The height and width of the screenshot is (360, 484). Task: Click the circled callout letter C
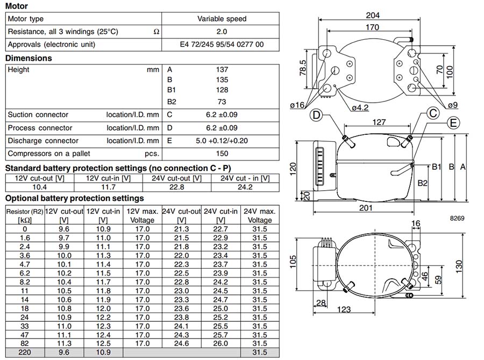pos(433,113)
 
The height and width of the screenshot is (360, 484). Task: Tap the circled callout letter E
pos(454,123)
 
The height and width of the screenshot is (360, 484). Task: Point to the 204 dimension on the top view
pos(372,15)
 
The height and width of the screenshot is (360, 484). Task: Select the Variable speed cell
pos(222,19)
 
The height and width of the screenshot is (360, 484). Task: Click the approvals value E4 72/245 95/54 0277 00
pos(222,44)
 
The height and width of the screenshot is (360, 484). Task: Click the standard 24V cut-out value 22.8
pos(175,187)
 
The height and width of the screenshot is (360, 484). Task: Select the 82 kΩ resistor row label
pos(25,343)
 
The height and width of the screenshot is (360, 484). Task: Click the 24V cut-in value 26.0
pos(220,343)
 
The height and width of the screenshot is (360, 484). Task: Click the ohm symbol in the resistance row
pos(156,32)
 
